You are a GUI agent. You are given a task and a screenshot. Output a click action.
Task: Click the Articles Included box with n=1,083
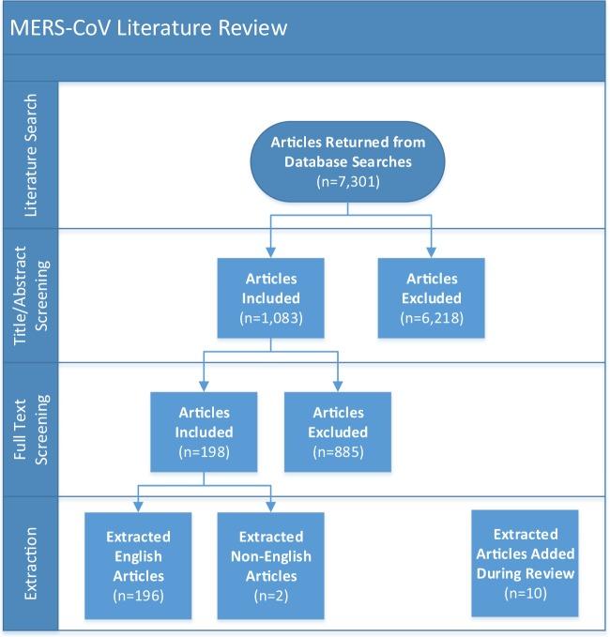click(x=271, y=296)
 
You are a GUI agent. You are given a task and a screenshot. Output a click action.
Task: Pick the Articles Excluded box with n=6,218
click(x=433, y=296)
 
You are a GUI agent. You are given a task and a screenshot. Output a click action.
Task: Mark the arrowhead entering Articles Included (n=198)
click(x=205, y=386)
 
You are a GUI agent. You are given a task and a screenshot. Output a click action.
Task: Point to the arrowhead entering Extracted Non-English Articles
click(x=271, y=508)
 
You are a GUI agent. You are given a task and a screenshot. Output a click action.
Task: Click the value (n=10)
click(x=526, y=594)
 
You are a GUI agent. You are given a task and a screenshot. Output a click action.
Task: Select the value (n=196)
click(x=138, y=594)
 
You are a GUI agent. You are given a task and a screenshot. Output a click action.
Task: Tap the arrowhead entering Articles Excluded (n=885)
click(x=338, y=386)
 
